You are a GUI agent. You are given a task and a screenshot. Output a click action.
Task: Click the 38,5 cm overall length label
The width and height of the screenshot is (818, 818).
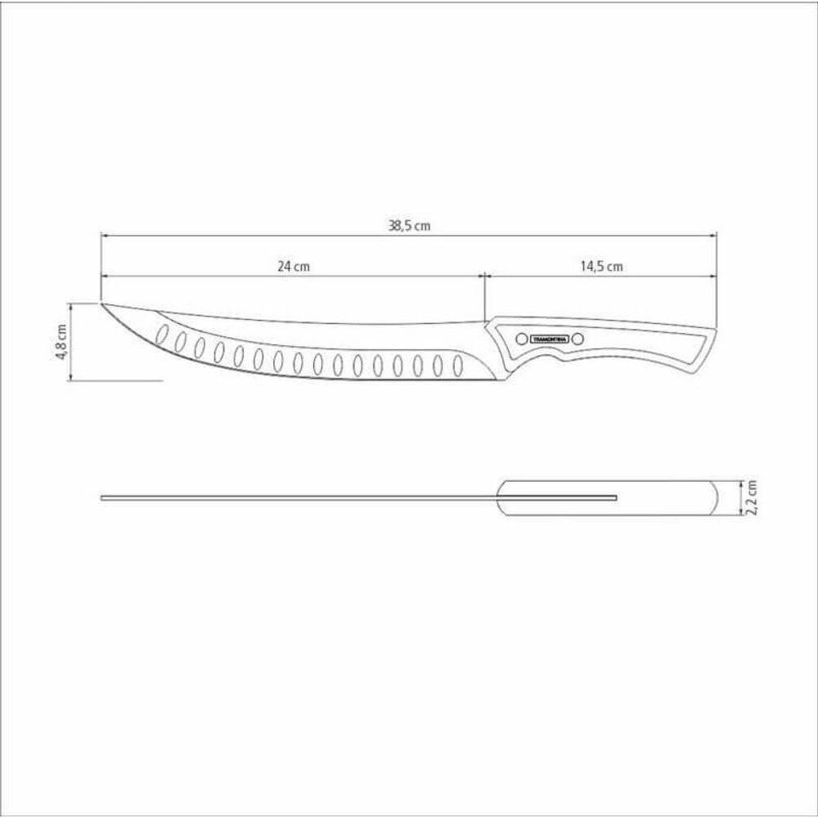click(409, 227)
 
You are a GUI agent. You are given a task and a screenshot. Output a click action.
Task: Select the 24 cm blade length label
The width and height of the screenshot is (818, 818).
click(294, 267)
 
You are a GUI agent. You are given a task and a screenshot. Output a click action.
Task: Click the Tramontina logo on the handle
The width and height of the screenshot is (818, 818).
click(545, 338)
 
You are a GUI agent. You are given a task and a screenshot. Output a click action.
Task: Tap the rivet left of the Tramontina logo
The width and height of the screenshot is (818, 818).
click(519, 338)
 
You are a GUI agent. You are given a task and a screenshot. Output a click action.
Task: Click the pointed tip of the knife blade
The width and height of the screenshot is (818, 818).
click(102, 304)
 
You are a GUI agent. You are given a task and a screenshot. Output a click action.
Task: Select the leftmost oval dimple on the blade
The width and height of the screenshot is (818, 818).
click(163, 335)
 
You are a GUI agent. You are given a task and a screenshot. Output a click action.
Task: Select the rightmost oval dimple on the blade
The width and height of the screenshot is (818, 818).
click(457, 363)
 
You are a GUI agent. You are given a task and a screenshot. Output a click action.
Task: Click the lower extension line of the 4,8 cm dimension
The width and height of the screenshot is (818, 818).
click(123, 380)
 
